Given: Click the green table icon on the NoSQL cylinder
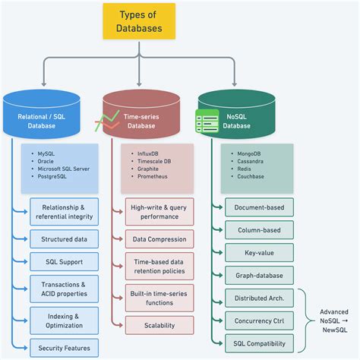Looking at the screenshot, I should click(207, 122).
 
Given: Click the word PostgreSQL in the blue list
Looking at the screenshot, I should click(57, 176).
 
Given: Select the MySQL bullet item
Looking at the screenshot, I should click(51, 153).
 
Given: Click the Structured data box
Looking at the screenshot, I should click(64, 238).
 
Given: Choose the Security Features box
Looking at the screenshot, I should click(64, 349).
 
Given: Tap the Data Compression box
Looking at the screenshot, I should click(159, 238).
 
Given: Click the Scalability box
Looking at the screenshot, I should click(159, 325).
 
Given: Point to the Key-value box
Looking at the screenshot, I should click(259, 252).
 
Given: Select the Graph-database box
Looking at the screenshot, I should click(259, 276).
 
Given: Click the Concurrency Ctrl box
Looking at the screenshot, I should click(259, 321).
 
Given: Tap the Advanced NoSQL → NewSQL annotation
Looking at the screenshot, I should click(333, 321).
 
